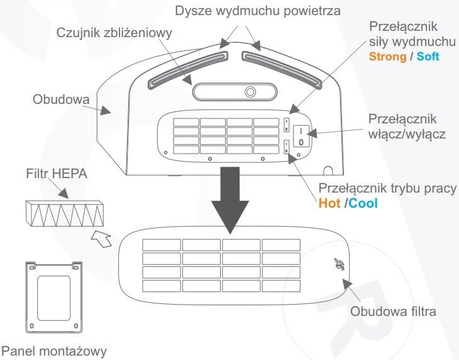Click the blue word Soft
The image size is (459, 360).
428,56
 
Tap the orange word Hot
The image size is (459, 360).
330,204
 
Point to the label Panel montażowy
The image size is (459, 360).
54,350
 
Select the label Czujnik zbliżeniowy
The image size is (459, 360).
114,33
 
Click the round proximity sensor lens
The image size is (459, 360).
250,92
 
